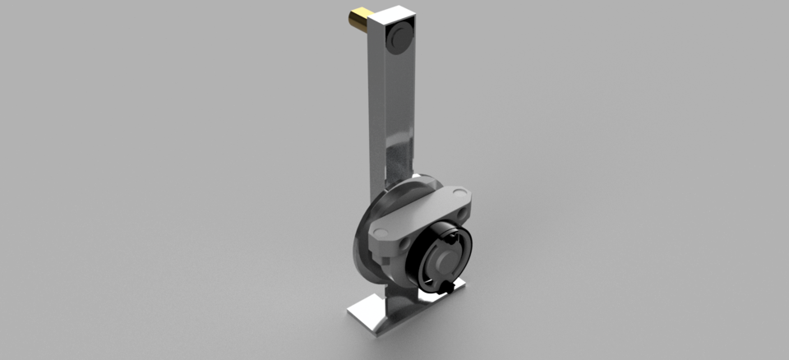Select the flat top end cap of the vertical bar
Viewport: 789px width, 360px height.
point(393,14)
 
